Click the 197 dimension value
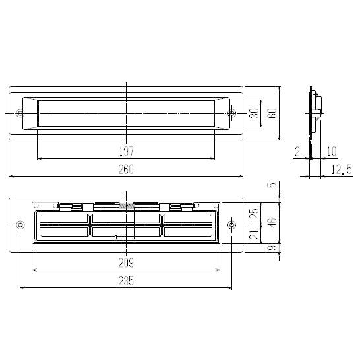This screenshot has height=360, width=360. (127, 151)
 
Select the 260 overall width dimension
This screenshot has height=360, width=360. (126, 169)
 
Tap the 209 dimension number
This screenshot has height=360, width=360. (126, 263)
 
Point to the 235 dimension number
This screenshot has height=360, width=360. (126, 281)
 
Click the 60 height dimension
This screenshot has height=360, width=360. (272, 113)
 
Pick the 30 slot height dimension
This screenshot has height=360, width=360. (255, 113)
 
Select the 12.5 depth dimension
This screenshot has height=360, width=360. (342, 169)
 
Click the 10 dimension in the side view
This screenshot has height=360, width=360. (331, 151)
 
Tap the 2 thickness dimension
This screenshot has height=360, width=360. (297, 151)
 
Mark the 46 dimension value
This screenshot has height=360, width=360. (272, 222)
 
